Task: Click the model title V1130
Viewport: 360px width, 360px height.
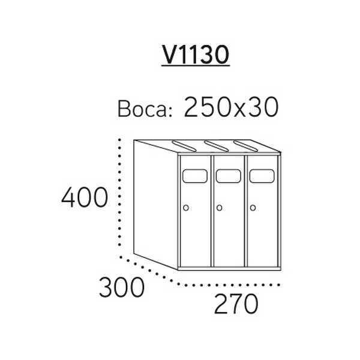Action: [196, 55]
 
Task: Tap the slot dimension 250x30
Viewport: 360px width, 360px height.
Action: [232, 107]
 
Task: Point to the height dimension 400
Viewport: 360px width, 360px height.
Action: [85, 197]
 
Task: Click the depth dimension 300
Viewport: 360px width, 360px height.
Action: [122, 287]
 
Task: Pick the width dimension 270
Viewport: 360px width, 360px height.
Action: [236, 304]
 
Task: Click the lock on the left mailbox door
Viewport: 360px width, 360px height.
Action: [186, 208]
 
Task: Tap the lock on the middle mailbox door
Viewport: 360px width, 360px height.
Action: [219, 208]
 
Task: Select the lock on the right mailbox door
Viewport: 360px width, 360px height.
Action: [253, 208]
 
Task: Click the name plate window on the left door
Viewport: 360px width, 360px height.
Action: [195, 176]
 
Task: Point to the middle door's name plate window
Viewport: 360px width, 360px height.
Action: [229, 176]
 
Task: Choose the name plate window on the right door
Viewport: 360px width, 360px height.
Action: [262, 176]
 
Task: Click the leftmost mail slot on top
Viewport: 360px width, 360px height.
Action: [184, 146]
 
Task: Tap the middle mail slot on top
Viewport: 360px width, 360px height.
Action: [217, 146]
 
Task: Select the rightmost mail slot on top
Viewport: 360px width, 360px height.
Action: [245, 146]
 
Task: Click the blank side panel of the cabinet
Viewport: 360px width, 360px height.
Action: [155, 205]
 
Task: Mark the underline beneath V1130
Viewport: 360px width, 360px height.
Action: [196, 66]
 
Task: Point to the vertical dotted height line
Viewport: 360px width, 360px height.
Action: [119, 193]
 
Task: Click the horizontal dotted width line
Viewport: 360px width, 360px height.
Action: [230, 285]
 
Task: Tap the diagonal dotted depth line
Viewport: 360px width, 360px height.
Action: [149, 271]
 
